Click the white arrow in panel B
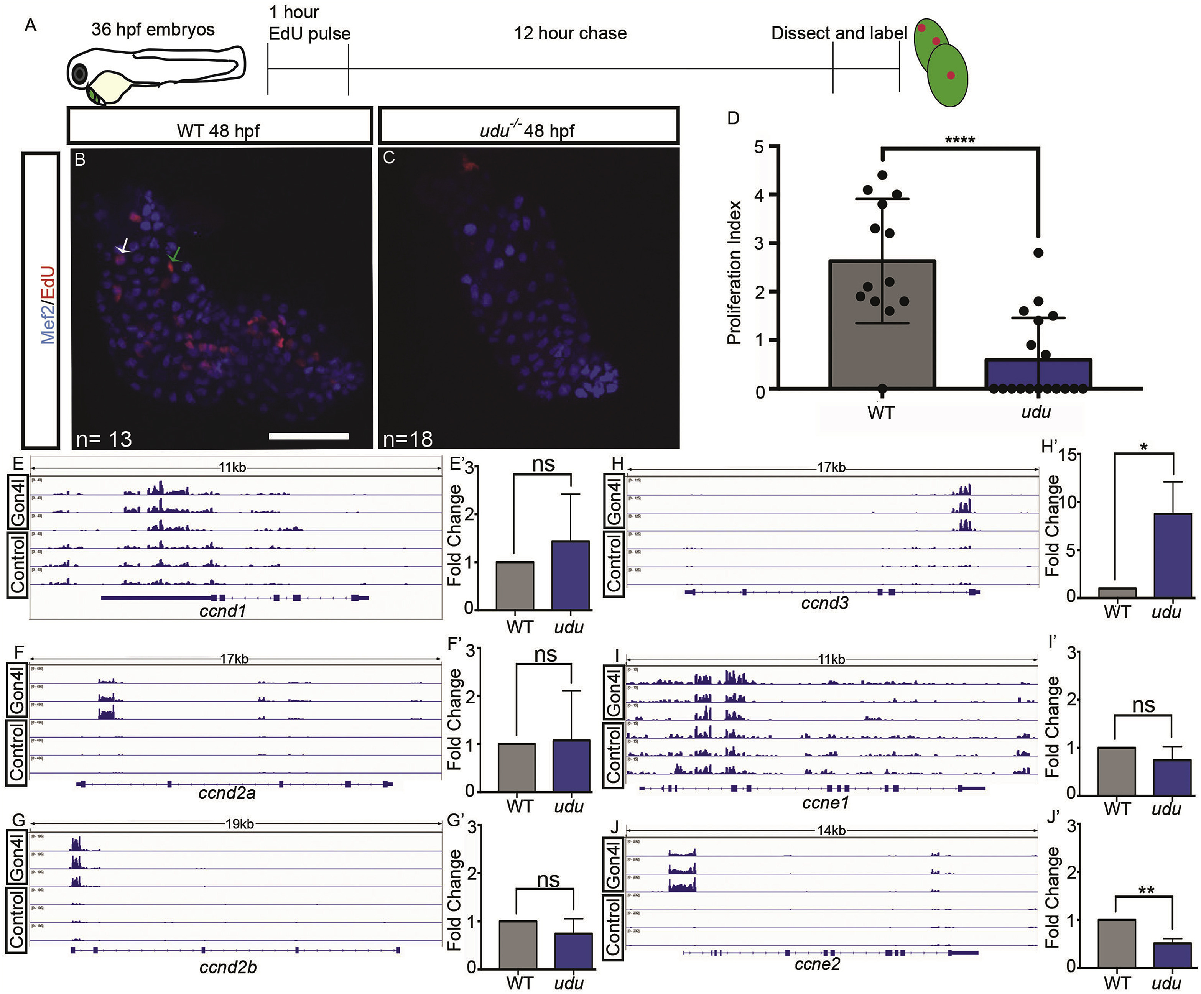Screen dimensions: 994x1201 click(x=123, y=247)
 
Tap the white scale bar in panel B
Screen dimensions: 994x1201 click(x=308, y=436)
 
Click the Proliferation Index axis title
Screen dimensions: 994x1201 click(x=734, y=273)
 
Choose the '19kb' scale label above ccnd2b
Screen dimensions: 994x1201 click(x=239, y=824)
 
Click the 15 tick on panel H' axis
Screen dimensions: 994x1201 click(x=1068, y=455)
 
